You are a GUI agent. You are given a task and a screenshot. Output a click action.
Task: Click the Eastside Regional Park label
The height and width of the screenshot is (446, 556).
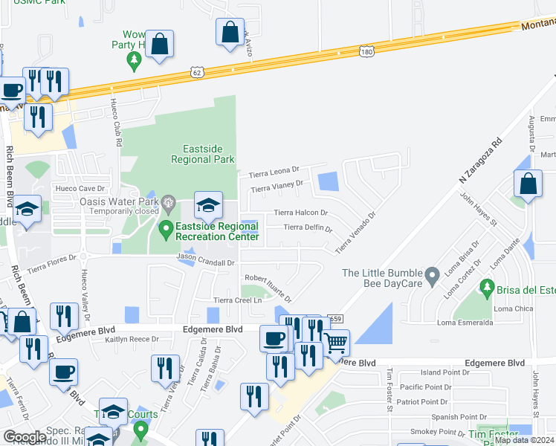tap(203, 154)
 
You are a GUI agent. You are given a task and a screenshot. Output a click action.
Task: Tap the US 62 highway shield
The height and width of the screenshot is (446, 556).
tap(196, 72)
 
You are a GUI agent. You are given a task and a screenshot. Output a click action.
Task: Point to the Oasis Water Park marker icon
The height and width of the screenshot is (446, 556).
tap(169, 200)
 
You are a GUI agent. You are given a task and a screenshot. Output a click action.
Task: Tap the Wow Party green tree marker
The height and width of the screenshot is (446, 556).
tap(135, 60)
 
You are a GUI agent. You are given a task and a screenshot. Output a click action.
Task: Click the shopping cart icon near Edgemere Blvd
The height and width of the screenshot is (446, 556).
tap(336, 343)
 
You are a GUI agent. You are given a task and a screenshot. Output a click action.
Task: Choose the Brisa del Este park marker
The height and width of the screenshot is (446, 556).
tap(487, 286)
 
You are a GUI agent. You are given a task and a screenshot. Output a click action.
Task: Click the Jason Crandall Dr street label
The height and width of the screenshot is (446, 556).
tap(206, 257)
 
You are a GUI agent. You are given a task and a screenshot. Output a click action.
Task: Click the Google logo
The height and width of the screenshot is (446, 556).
tap(25, 436)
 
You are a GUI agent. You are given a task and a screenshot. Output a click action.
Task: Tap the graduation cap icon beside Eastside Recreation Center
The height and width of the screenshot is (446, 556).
tap(209, 206)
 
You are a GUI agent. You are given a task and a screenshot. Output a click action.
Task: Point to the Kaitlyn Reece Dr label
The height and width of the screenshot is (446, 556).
tap(132, 339)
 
